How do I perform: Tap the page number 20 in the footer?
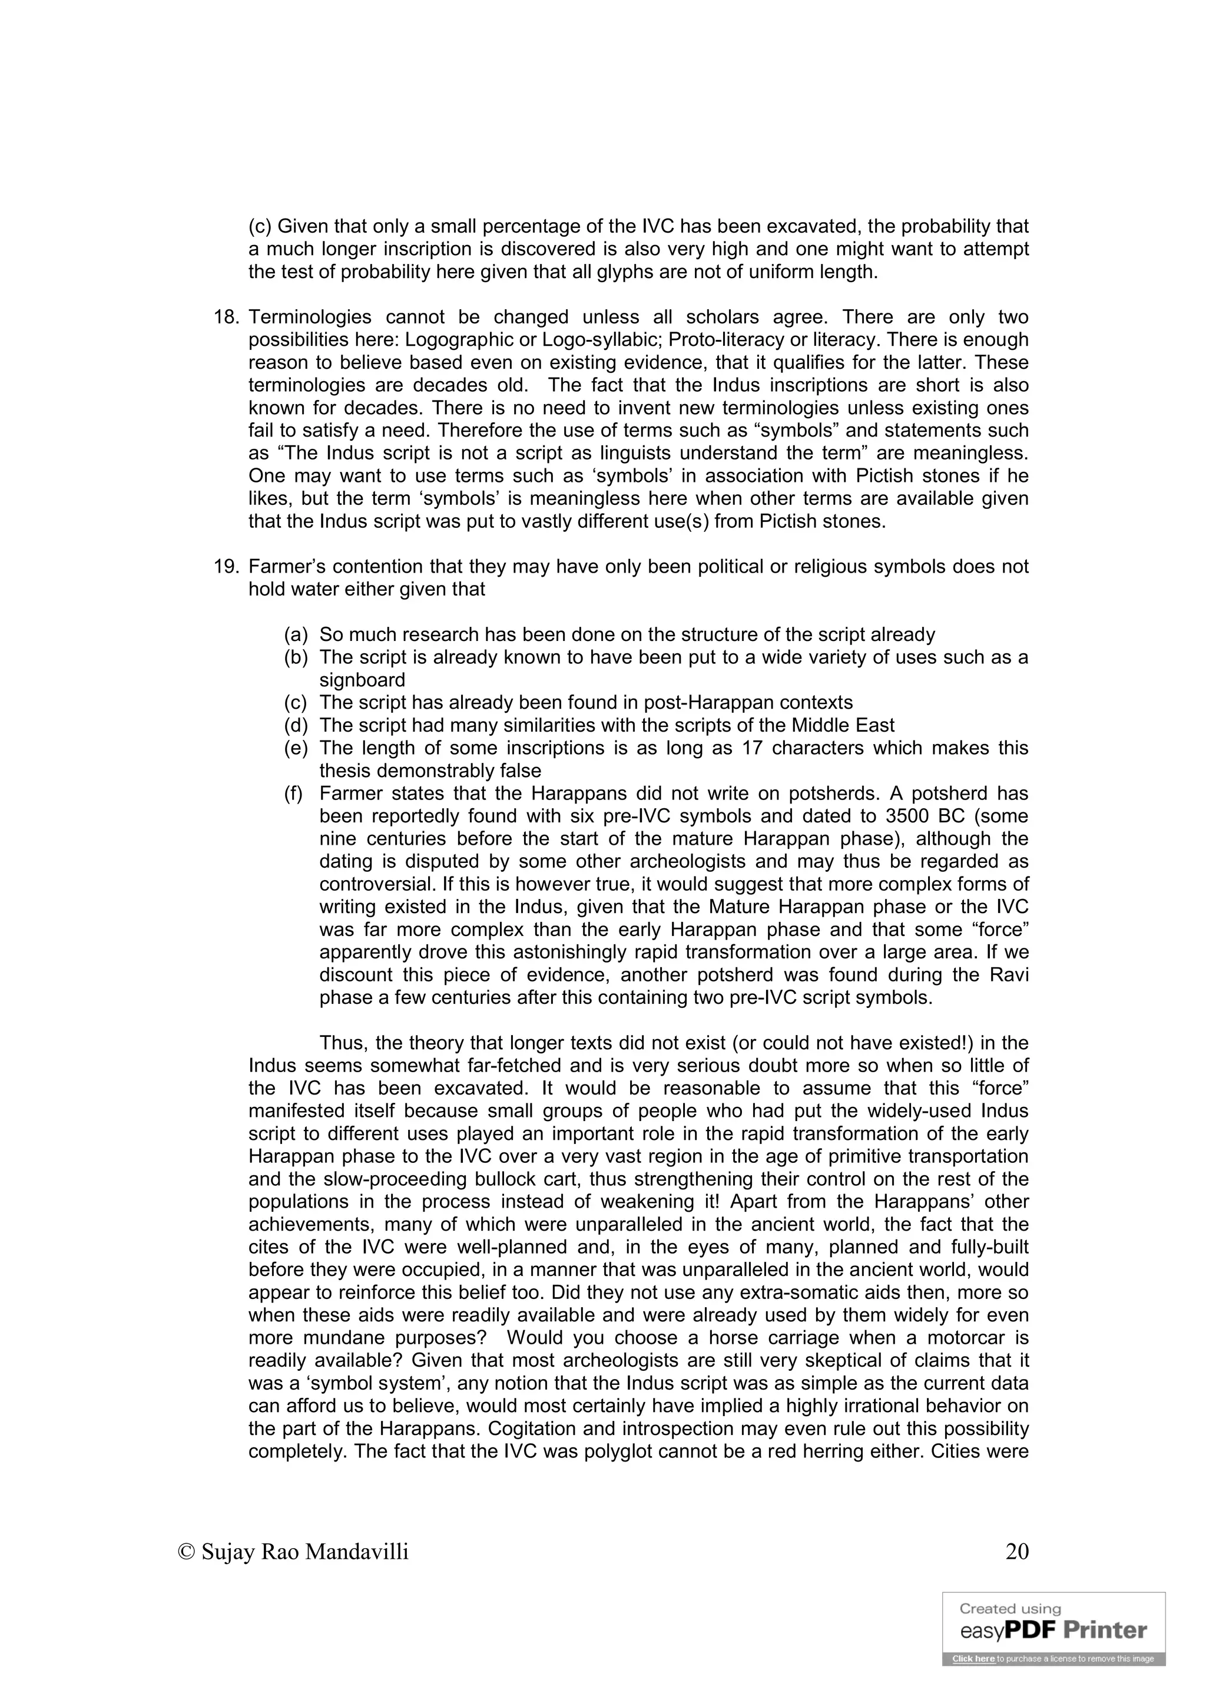click(1016, 1552)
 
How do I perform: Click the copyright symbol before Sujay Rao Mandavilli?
click(187, 1552)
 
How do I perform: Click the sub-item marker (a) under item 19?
click(296, 635)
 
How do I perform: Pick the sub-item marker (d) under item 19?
click(296, 726)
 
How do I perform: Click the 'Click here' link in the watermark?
click(973, 1658)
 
